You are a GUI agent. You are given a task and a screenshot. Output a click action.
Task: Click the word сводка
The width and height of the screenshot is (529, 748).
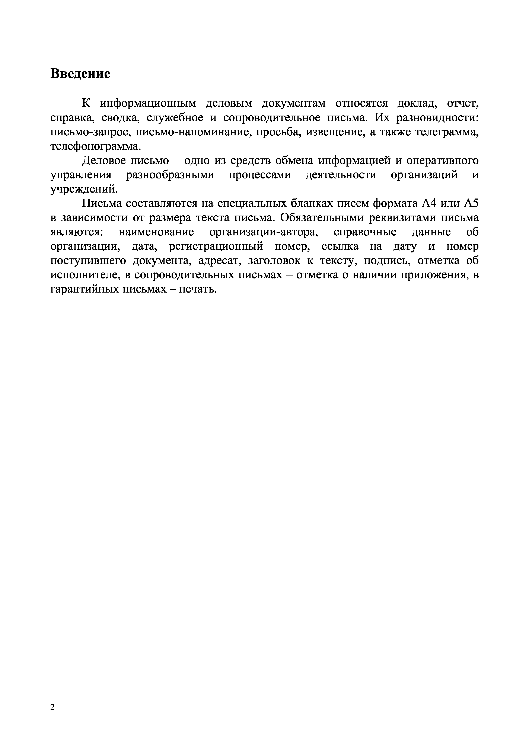tap(121, 118)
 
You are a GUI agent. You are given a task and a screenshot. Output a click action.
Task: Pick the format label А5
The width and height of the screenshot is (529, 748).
tap(471, 204)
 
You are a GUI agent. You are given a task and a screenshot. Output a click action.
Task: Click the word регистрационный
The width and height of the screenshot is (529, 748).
tap(216, 247)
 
